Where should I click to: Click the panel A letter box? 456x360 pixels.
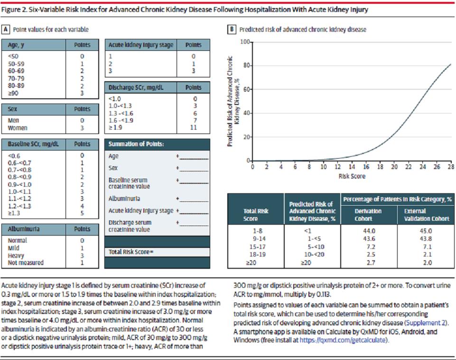6,29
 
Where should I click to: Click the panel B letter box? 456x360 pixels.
232,29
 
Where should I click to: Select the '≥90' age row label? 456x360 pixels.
13,93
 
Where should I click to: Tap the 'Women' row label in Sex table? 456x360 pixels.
18,128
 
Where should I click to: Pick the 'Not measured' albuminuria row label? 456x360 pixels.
26,263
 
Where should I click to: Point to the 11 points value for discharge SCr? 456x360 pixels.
194,127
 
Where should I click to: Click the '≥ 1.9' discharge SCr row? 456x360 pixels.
115,127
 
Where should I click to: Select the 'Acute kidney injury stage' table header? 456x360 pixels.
141,45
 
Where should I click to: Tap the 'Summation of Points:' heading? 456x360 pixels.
136,144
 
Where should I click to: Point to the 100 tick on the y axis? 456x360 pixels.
245,42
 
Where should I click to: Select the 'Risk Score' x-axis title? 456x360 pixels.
352,176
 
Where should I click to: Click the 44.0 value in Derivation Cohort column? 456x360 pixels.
369,231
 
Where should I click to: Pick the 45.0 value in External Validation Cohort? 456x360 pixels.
426,231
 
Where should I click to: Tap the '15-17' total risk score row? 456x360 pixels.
257,247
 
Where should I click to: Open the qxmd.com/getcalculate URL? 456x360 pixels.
343,340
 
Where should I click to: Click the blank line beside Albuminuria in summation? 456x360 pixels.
194,201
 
